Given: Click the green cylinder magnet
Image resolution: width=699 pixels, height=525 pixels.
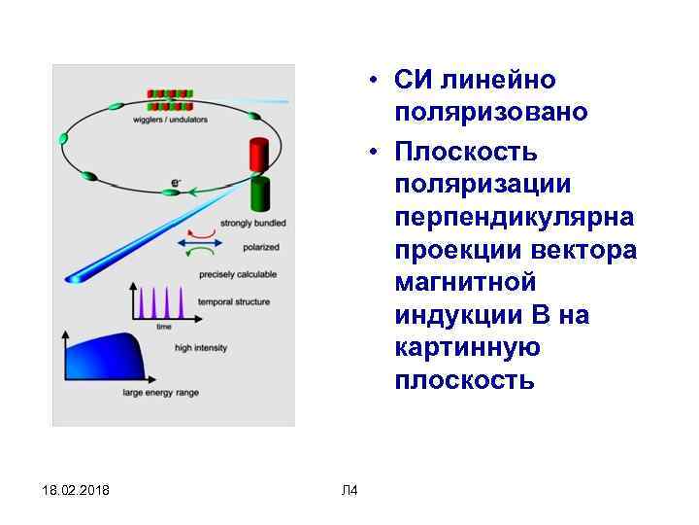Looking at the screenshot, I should click(x=259, y=194).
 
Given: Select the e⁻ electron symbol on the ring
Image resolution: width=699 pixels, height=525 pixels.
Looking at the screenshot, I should click(x=176, y=182).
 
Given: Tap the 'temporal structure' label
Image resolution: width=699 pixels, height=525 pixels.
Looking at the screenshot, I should click(x=233, y=302).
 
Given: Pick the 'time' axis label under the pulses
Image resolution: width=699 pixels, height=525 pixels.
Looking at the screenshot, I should click(x=165, y=327).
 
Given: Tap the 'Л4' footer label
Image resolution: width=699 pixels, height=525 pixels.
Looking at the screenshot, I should click(x=350, y=489).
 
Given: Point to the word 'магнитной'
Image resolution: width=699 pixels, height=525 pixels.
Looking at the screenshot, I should click(x=465, y=283).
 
